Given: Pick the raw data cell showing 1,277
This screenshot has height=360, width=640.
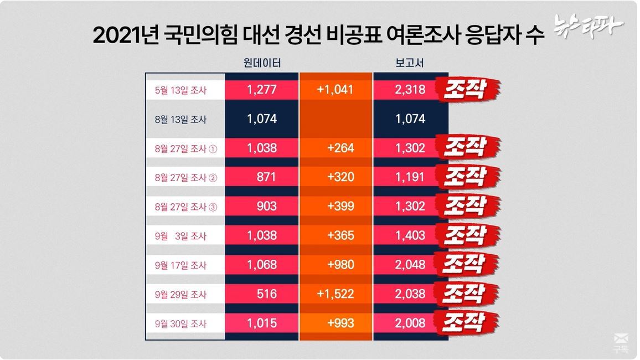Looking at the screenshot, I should click(x=262, y=90).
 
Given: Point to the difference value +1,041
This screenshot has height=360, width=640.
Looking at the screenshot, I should click(x=335, y=90).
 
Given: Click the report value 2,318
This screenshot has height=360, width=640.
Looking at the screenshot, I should click(x=411, y=90).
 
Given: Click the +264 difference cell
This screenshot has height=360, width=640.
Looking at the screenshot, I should click(x=340, y=148).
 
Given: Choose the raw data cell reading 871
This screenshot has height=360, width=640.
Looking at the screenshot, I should click(x=266, y=177).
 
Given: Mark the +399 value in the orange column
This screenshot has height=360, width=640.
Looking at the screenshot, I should click(x=340, y=206).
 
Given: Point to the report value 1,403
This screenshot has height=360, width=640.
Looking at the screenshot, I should click(x=411, y=235).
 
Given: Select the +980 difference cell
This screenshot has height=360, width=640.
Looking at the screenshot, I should click(x=340, y=265).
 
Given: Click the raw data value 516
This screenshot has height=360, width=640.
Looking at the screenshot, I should click(x=266, y=294).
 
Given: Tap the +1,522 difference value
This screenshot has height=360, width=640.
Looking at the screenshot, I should click(x=335, y=294).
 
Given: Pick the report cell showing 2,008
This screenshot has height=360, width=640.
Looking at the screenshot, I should click(x=411, y=323).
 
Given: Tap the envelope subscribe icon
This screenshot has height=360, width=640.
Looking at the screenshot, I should click(x=621, y=340).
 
